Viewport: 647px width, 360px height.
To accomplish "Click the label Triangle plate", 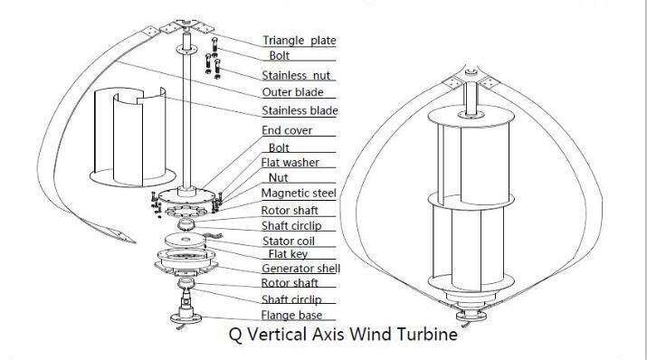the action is click(x=300, y=41).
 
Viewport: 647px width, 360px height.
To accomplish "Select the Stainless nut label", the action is click(x=296, y=75).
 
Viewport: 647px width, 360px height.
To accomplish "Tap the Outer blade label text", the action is click(x=292, y=92).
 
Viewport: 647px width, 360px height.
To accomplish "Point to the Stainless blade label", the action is click(x=300, y=110).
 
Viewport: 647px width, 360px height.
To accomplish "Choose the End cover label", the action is click(x=287, y=130).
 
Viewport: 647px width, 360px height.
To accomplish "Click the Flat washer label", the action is click(x=290, y=163).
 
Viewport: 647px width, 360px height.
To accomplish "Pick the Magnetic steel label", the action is click(x=299, y=193).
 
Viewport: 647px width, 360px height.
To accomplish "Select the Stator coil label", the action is click(x=289, y=241).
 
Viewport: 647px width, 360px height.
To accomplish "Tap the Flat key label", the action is click(x=288, y=254).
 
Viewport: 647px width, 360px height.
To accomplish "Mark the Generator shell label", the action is click(x=300, y=269).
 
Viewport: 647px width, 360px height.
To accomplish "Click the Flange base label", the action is click(x=291, y=315).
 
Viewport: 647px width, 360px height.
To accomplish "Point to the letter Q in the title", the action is click(x=235, y=334).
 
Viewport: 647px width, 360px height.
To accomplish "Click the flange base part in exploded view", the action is click(x=186, y=309).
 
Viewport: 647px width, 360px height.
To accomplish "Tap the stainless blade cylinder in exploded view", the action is click(x=132, y=137).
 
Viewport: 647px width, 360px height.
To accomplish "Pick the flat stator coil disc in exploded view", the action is click(x=186, y=240).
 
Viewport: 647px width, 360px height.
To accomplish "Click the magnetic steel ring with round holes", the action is click(x=186, y=211).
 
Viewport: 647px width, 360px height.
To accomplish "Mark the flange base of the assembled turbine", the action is click(x=471, y=316).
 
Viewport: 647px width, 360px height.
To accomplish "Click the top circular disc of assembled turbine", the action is click(x=471, y=117).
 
